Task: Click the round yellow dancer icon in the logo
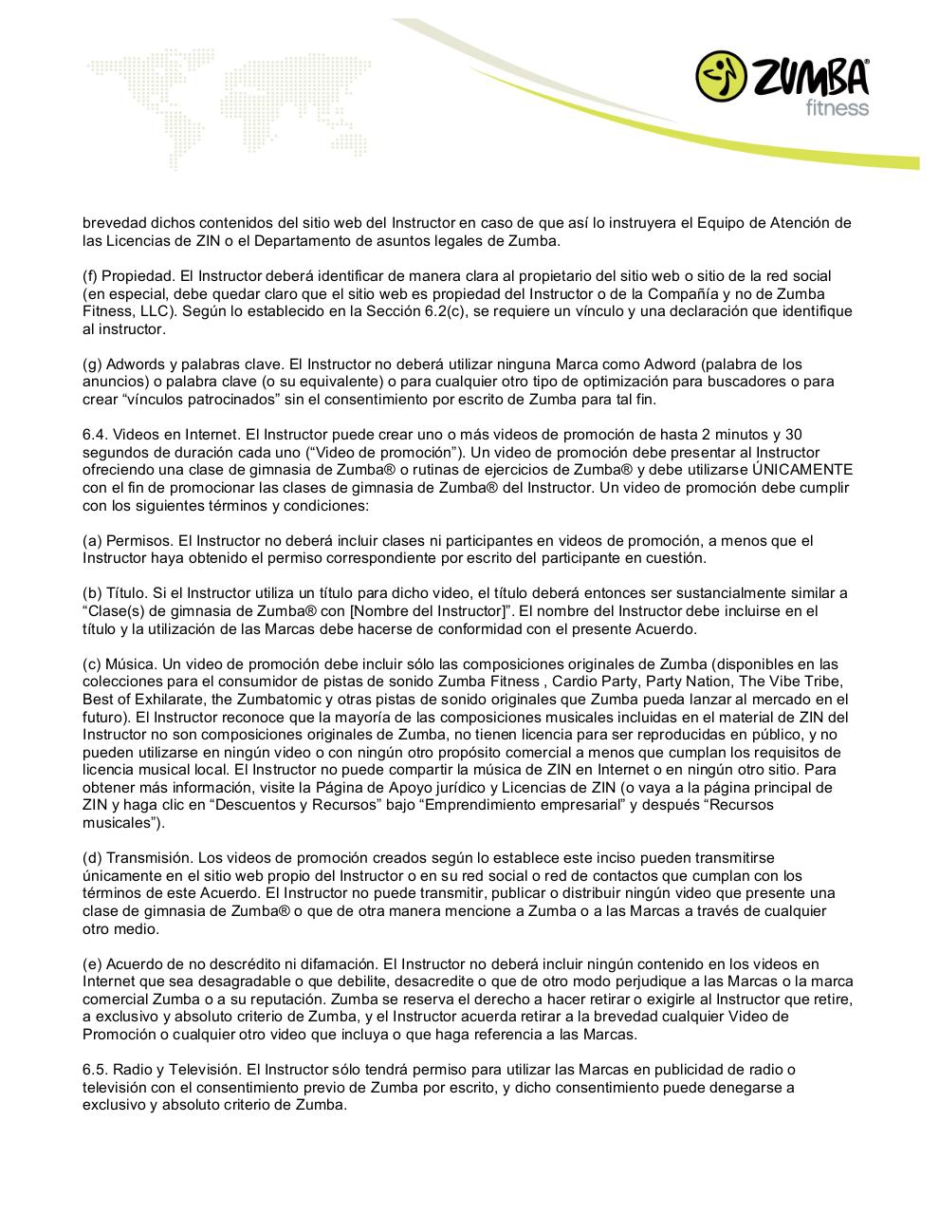coord(721,77)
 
